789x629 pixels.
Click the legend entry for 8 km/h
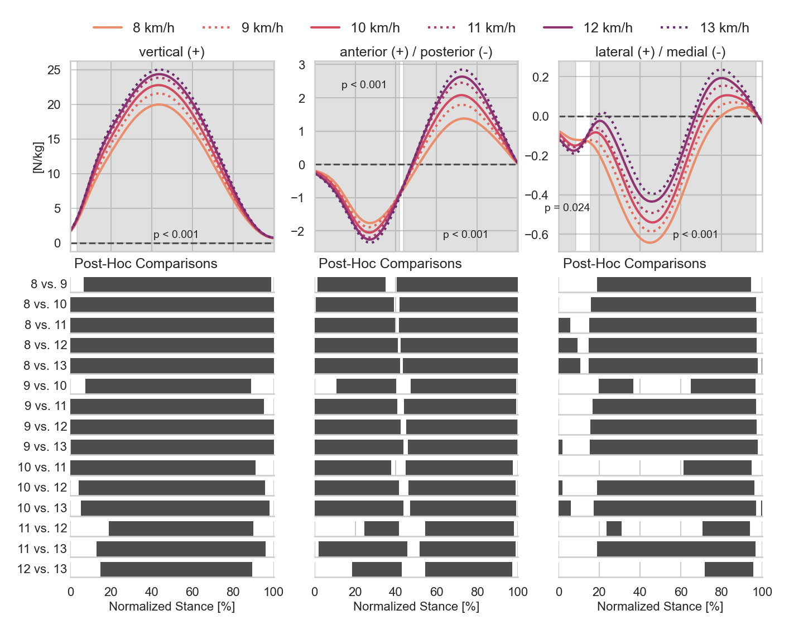134,27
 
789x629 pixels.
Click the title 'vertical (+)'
172,52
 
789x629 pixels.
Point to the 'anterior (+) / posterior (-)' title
416,52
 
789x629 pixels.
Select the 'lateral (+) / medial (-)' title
660,52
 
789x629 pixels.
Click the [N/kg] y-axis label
38,157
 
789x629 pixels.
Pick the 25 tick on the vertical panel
54,70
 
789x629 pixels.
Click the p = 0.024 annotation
567,208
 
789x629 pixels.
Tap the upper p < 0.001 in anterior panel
364,85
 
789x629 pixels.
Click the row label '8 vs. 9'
49,284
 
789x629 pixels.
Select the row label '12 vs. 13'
42,569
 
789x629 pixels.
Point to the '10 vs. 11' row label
42,467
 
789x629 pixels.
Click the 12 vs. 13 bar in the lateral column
729,569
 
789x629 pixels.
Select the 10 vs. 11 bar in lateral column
717,468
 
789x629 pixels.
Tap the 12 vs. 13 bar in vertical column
176,569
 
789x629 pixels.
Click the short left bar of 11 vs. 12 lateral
614,528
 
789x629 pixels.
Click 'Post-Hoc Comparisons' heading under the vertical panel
146,264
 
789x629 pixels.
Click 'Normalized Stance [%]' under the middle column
416,607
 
